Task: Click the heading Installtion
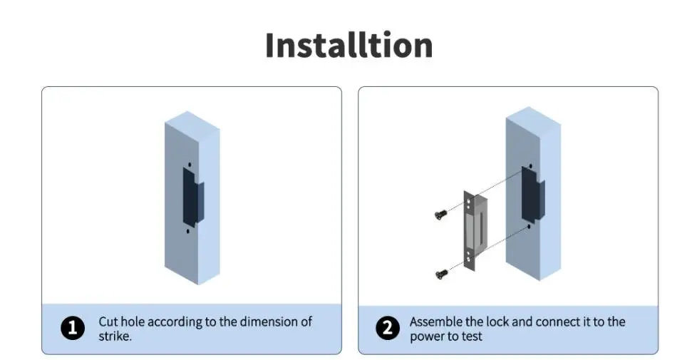point(348,45)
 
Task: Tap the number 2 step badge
point(387,329)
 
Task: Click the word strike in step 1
point(113,336)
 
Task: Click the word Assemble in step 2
point(436,322)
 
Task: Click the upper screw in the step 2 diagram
point(440,213)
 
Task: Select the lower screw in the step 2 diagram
point(440,272)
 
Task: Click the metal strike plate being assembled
point(476,230)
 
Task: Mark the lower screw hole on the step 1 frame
point(189,231)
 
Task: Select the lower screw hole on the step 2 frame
point(528,227)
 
